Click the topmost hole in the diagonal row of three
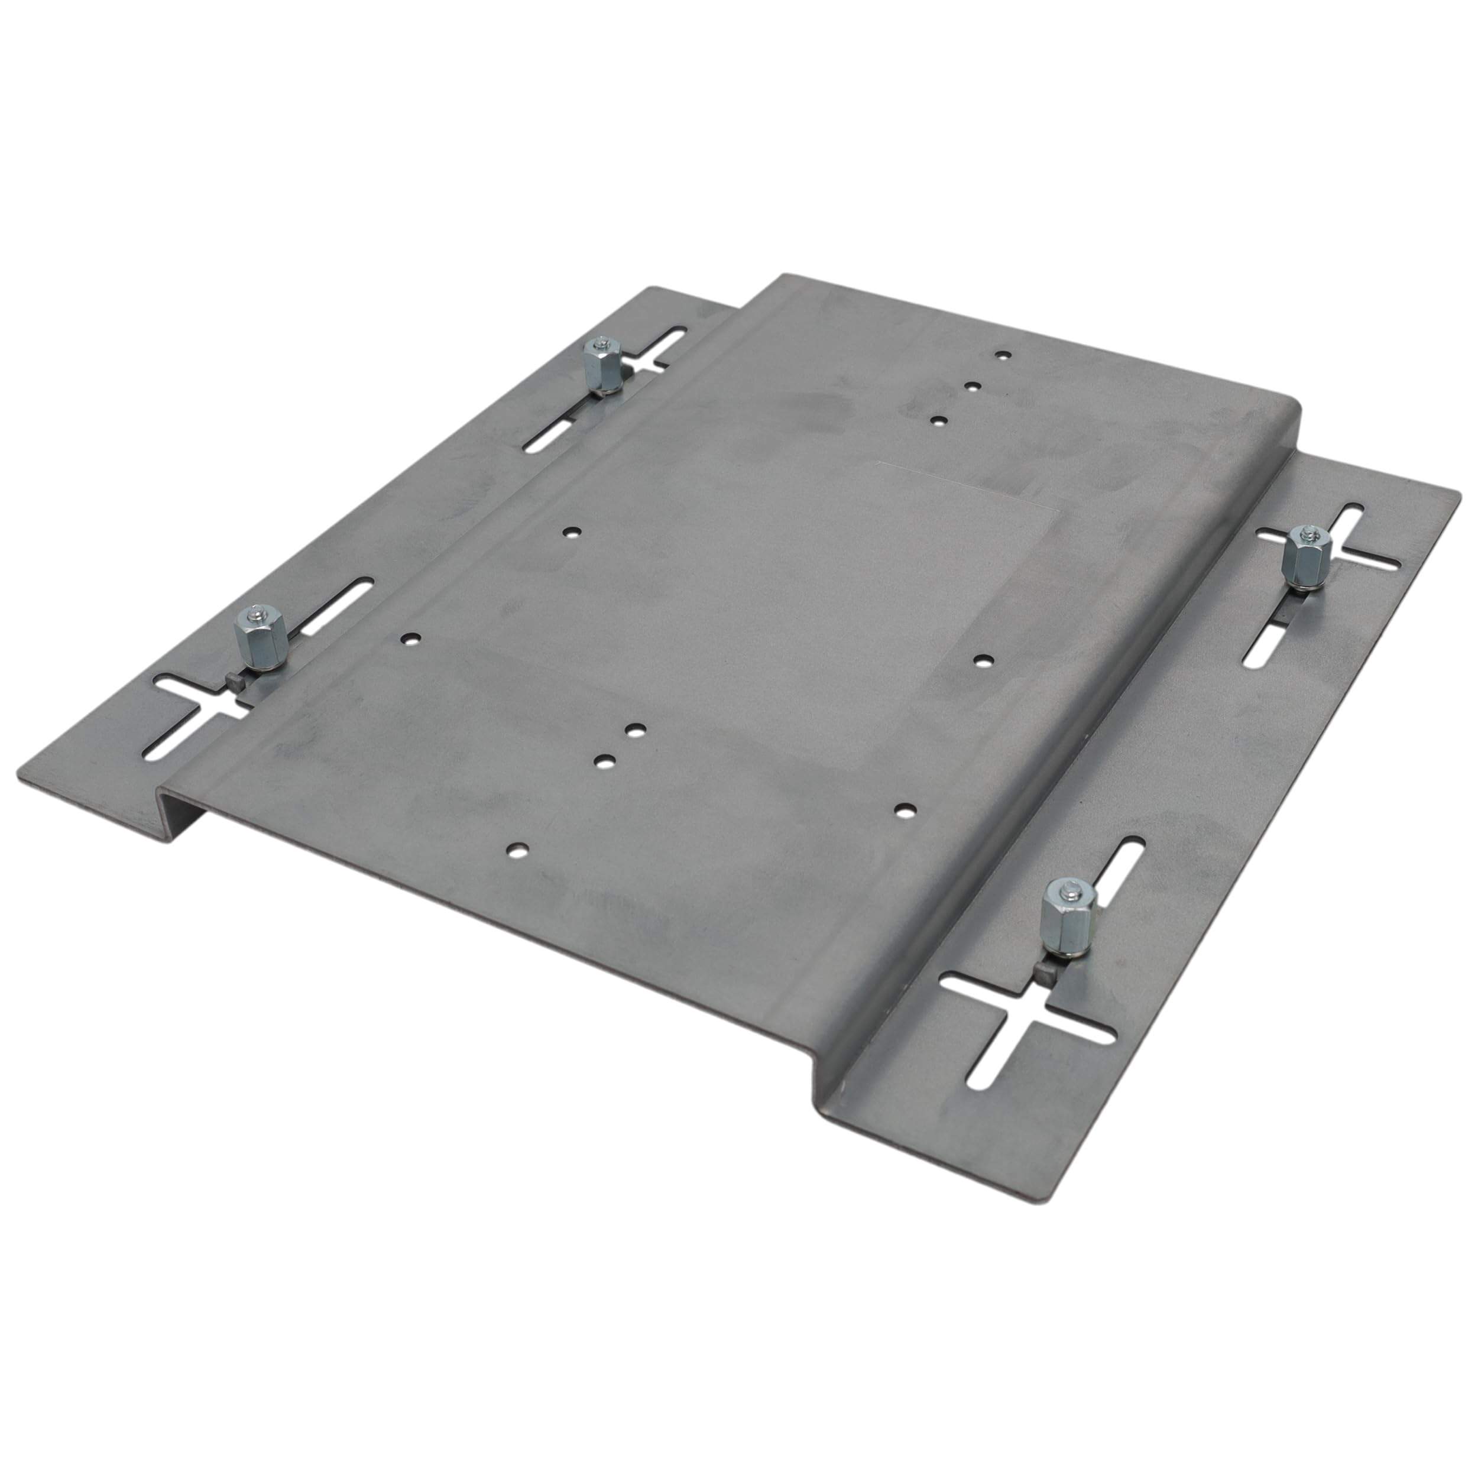tap(1002, 355)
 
